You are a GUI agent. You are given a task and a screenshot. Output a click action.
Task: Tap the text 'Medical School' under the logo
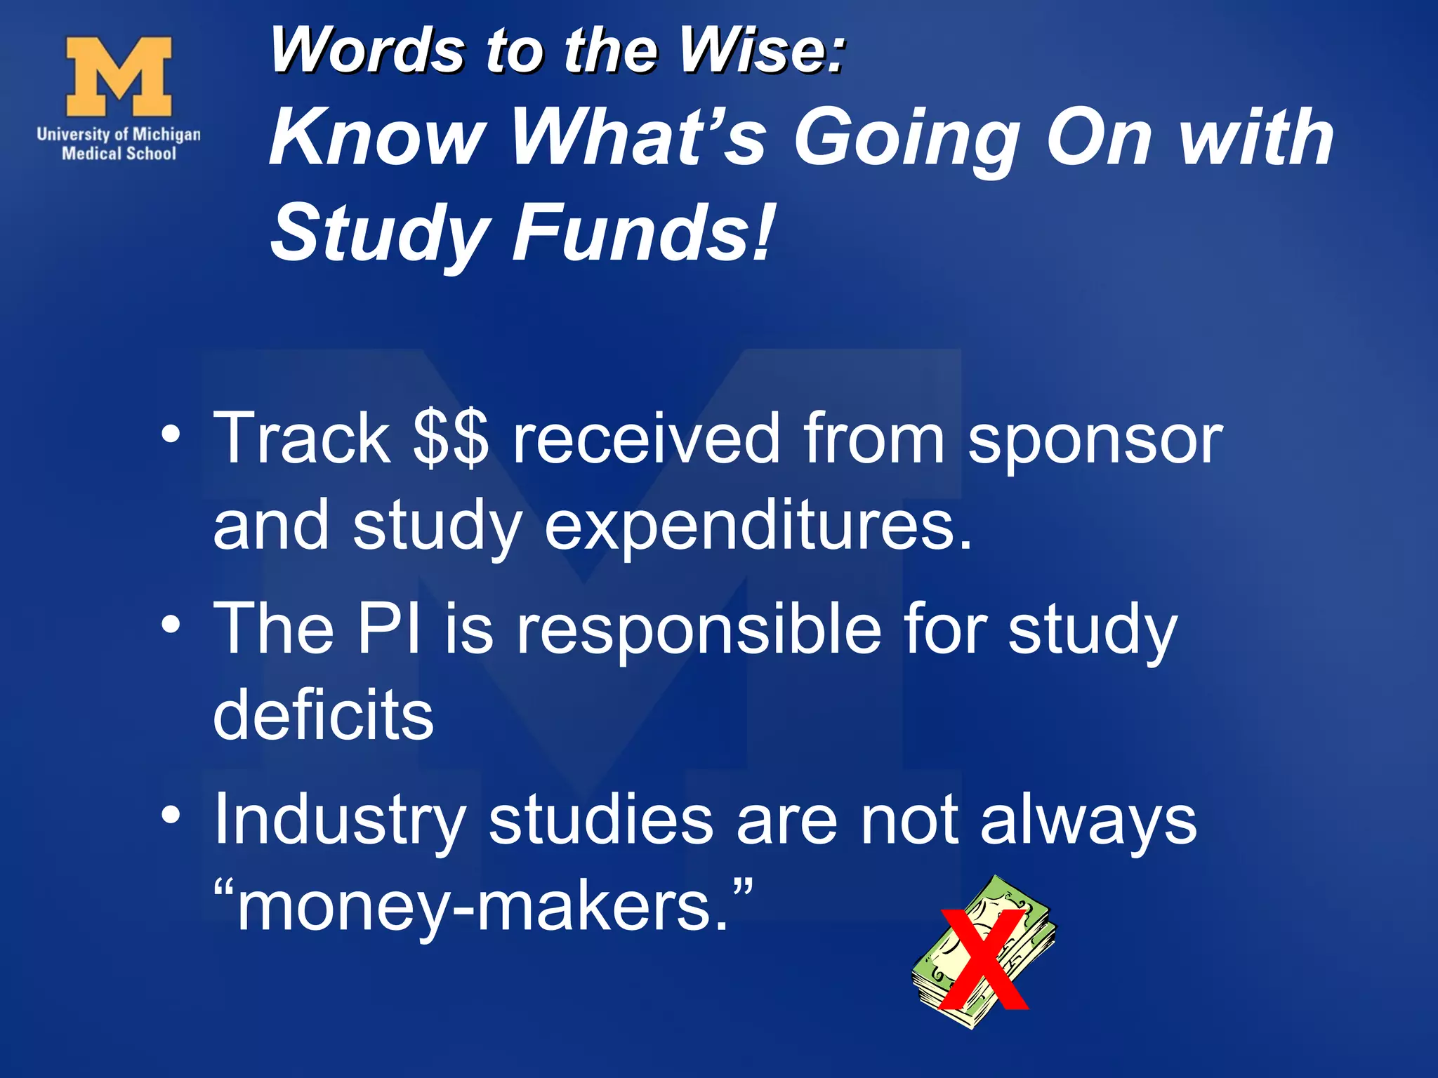point(119,154)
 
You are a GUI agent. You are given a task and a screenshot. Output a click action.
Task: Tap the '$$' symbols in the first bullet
point(450,439)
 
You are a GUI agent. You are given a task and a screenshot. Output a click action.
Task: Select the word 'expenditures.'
point(758,528)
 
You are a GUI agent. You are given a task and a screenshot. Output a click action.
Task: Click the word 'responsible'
point(699,629)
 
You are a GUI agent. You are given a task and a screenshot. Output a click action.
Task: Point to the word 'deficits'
point(324,714)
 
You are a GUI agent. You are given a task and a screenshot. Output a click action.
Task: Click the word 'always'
point(1088,821)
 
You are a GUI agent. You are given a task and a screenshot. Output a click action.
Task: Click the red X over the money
point(983,959)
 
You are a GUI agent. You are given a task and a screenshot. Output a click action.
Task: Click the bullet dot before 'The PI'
point(171,623)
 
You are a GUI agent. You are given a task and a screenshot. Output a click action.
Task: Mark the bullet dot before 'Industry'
point(171,815)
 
